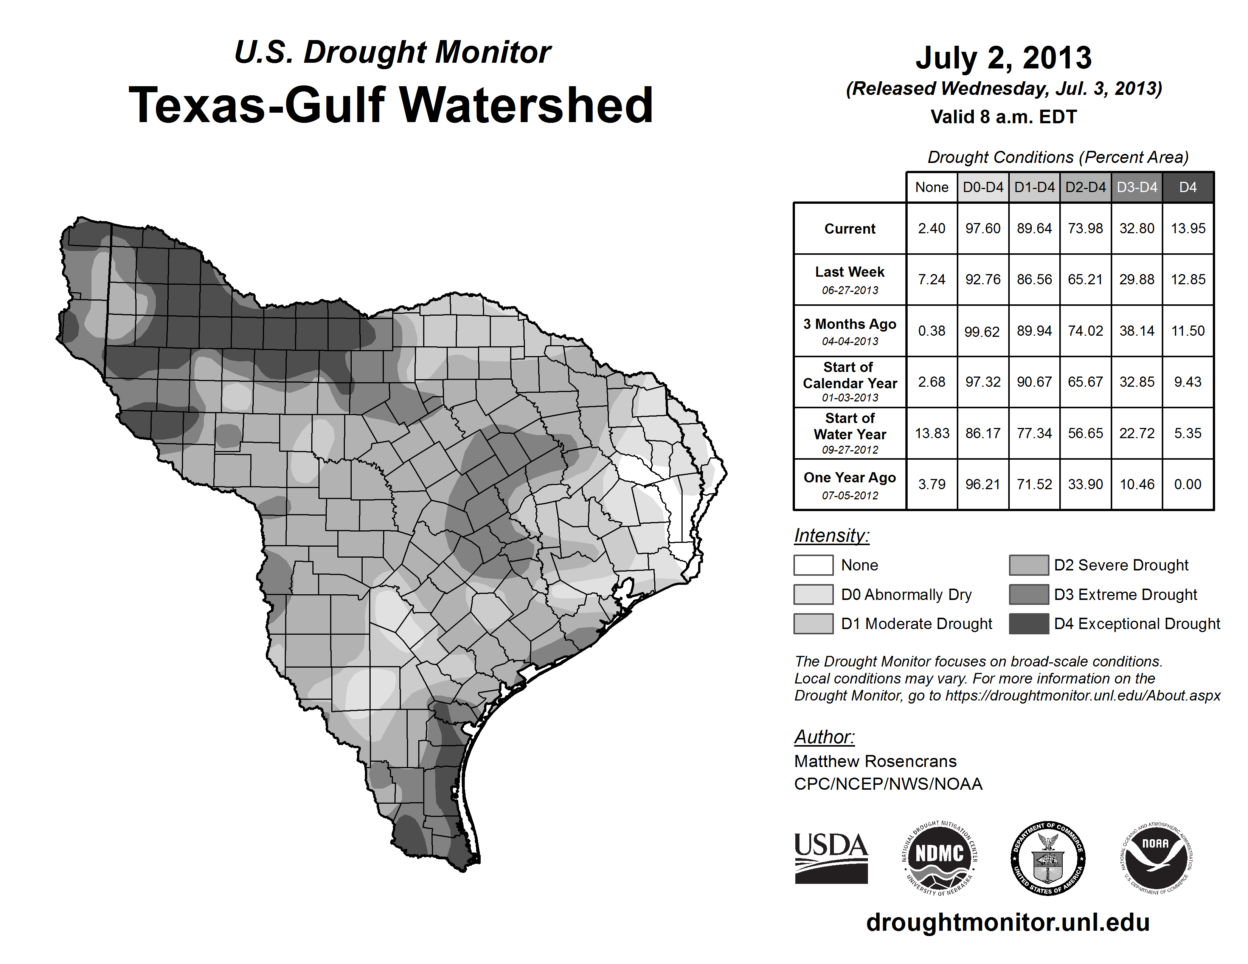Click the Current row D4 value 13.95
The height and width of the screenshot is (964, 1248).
coord(1187,228)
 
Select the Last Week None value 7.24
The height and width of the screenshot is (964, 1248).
coord(931,279)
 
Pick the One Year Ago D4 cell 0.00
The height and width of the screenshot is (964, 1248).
coord(1187,484)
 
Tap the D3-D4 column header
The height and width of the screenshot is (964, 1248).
coord(1136,187)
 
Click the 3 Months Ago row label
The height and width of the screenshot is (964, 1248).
coord(850,331)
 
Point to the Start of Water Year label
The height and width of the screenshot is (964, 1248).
coord(850,434)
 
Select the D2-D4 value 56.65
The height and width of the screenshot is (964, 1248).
coord(1085,434)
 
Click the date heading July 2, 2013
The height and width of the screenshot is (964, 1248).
coord(1003,58)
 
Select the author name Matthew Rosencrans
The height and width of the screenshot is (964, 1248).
coord(875,761)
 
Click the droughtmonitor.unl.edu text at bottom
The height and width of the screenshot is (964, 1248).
coord(1007,922)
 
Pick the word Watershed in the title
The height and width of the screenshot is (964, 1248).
coord(526,105)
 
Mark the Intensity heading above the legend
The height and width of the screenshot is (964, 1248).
coord(831,536)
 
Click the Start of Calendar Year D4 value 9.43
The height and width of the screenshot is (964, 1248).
coord(1187,381)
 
